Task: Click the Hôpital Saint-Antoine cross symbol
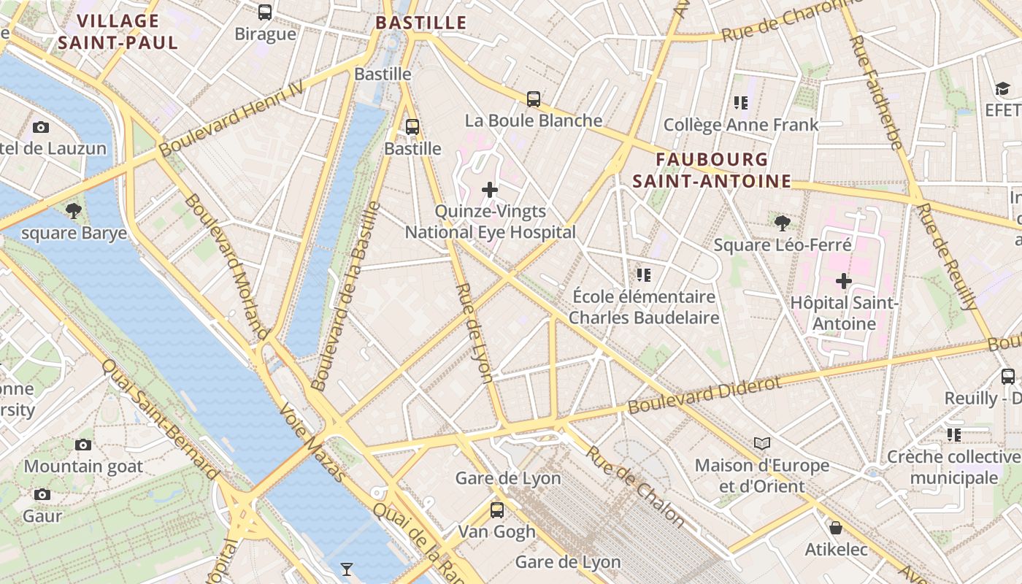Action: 844,280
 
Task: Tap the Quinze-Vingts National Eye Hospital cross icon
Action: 490,191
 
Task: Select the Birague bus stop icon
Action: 265,12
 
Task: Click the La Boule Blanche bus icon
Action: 534,99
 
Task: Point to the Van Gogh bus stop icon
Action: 497,510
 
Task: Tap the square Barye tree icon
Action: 73,212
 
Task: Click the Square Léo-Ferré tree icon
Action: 783,223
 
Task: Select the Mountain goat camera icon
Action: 83,445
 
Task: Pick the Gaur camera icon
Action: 42,494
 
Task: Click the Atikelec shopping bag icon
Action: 836,527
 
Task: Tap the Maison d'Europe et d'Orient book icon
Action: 762,443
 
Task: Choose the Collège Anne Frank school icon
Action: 741,103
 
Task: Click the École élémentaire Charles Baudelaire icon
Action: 643,275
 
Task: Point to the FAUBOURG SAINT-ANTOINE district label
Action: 712,170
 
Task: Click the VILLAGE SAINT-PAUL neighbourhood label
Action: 118,32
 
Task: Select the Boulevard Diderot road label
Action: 704,394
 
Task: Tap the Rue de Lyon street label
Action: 474,332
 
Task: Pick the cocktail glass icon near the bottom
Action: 347,569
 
